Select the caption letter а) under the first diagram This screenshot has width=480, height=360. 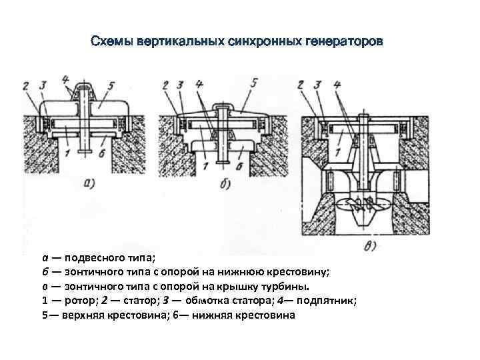coord(95,181)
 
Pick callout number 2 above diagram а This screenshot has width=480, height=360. coord(25,85)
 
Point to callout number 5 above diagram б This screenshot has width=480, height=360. coord(254,83)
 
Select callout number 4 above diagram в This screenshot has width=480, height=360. coord(337,84)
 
